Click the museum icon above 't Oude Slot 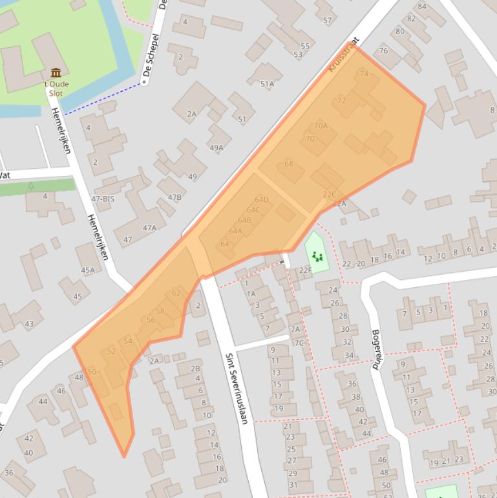coord(56,72)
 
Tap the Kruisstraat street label coord(343,57)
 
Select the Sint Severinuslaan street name coord(236,388)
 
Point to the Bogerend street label coord(376,349)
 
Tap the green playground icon coord(317,257)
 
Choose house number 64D coord(261,200)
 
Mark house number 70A coord(321,125)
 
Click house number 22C coord(330,194)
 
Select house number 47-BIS coord(102,199)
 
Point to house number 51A coord(267,84)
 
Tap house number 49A coord(216,148)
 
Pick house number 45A coord(87,270)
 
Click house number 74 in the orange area coord(364,74)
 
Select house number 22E coord(305,270)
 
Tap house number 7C coord(299,343)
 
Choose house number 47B coord(174,197)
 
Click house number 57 coord(327,21)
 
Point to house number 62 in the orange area coord(176,293)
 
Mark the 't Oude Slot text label coord(56,89)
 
